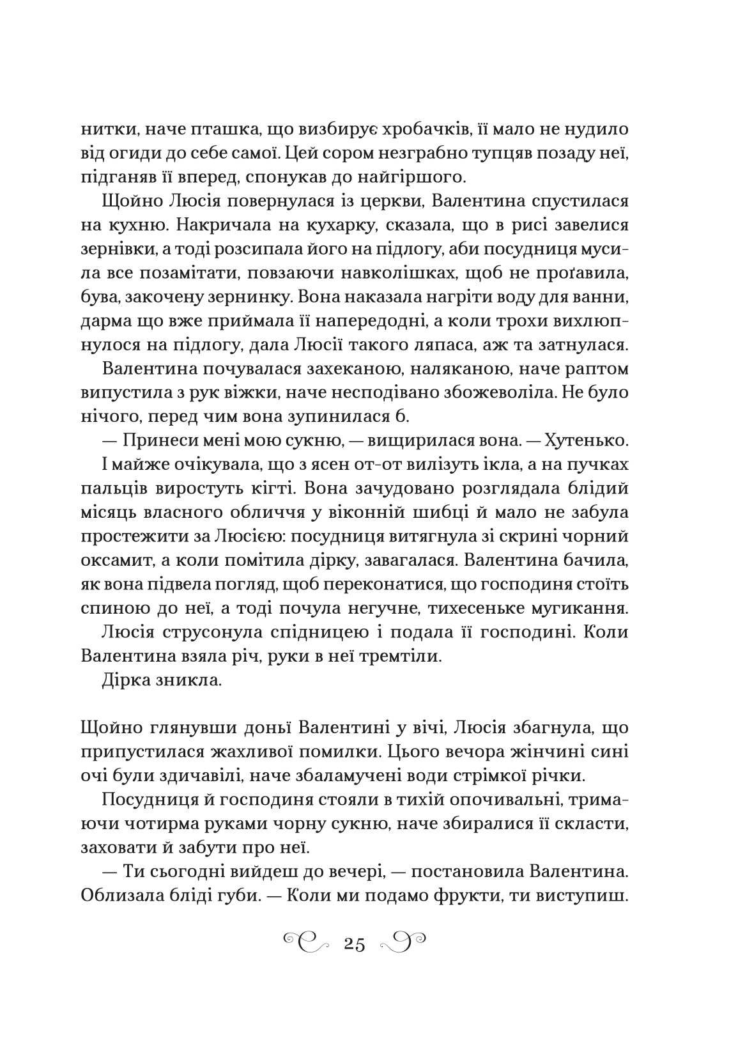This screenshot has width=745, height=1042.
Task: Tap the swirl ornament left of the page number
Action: click(x=307, y=942)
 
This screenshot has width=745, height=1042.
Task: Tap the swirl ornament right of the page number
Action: click(x=402, y=942)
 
